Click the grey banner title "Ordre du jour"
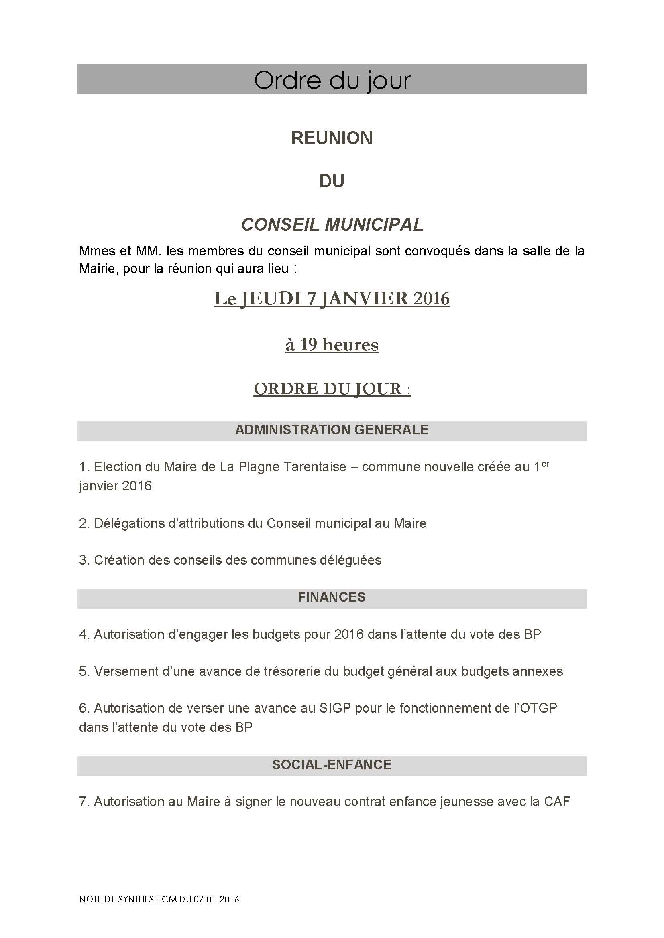click(x=332, y=80)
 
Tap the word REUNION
click(x=332, y=138)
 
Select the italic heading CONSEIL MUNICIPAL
click(x=332, y=224)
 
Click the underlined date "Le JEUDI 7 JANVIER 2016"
click(x=332, y=298)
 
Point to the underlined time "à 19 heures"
click(x=332, y=344)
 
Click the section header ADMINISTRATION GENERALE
click(x=332, y=430)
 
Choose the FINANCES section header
click(x=332, y=597)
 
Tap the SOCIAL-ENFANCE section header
click(x=332, y=765)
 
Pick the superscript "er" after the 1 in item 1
click(x=545, y=464)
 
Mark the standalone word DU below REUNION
click(x=332, y=181)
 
